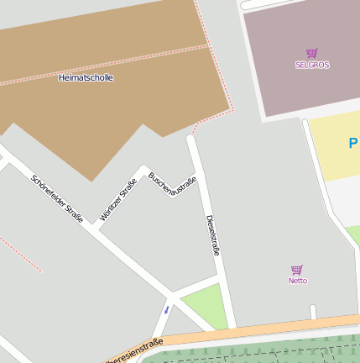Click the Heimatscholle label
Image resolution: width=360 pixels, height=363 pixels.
(x=86, y=77)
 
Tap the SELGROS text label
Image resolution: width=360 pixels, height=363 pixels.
(x=312, y=65)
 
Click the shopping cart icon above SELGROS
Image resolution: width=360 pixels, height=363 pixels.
(x=312, y=53)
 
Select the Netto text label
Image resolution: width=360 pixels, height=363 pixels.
(x=298, y=281)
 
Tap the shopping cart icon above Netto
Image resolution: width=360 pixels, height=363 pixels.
(x=297, y=270)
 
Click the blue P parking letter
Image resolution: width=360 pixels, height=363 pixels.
(x=353, y=144)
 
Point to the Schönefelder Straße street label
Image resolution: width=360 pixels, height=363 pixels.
(x=57, y=198)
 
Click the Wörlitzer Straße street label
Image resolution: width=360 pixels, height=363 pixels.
(x=118, y=200)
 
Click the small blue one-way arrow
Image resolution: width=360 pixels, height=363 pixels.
(x=166, y=310)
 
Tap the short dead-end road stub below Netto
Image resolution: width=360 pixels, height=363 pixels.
(x=313, y=312)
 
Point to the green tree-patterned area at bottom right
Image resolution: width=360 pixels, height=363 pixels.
(x=269, y=351)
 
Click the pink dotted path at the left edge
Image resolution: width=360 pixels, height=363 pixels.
(x=21, y=254)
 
